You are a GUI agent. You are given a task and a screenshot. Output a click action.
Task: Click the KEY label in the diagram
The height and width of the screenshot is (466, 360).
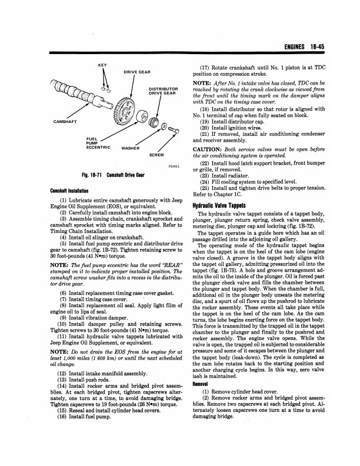pos(101,64)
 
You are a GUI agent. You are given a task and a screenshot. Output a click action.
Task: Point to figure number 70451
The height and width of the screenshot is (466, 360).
pos(174,167)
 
